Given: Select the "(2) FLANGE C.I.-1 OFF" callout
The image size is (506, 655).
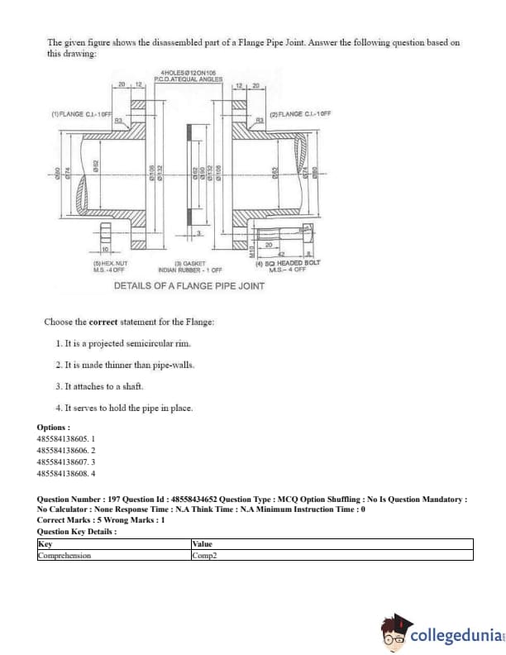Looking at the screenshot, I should [x=299, y=112].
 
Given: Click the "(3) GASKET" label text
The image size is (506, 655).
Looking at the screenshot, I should [x=192, y=263].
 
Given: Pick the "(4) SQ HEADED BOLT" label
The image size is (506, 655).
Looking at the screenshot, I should [x=289, y=262].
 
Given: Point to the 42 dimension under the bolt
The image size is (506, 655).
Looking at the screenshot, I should [x=280, y=255].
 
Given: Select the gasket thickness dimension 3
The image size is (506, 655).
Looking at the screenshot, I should [x=198, y=234].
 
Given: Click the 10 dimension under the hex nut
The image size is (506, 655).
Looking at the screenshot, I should [x=106, y=249].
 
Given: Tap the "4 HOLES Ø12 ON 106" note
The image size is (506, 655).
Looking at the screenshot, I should [x=179, y=74].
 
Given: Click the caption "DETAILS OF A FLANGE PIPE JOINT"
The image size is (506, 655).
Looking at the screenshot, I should [x=189, y=285].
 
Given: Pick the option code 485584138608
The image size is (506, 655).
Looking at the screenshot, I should [x=66, y=475].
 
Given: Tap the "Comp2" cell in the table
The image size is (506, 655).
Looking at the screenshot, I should [x=202, y=555].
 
